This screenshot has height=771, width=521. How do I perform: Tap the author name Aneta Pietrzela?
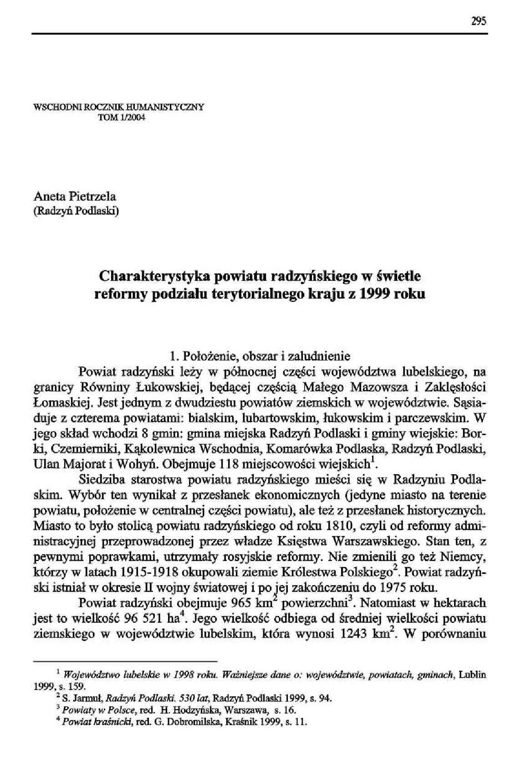[x=75, y=197]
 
